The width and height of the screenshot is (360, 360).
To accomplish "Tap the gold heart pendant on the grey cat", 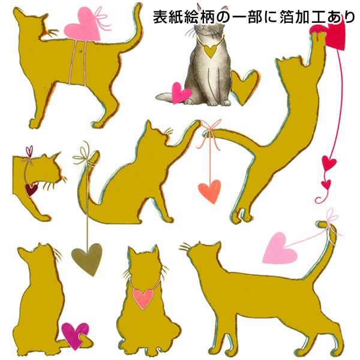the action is (209, 51).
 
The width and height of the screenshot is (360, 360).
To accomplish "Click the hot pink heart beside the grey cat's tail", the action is (181, 93).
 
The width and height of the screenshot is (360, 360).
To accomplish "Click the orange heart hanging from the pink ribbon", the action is (209, 191).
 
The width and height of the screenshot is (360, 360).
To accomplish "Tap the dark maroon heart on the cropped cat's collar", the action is (31, 190).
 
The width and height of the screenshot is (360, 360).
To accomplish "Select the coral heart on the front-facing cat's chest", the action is (143, 298).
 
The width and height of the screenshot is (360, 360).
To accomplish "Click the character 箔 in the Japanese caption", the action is (286, 17).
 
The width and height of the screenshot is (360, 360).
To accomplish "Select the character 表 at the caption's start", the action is (160, 17).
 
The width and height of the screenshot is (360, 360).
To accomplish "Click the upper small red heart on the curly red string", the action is (329, 163).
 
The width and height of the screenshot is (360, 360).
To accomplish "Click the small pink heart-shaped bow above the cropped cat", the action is (29, 152).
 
